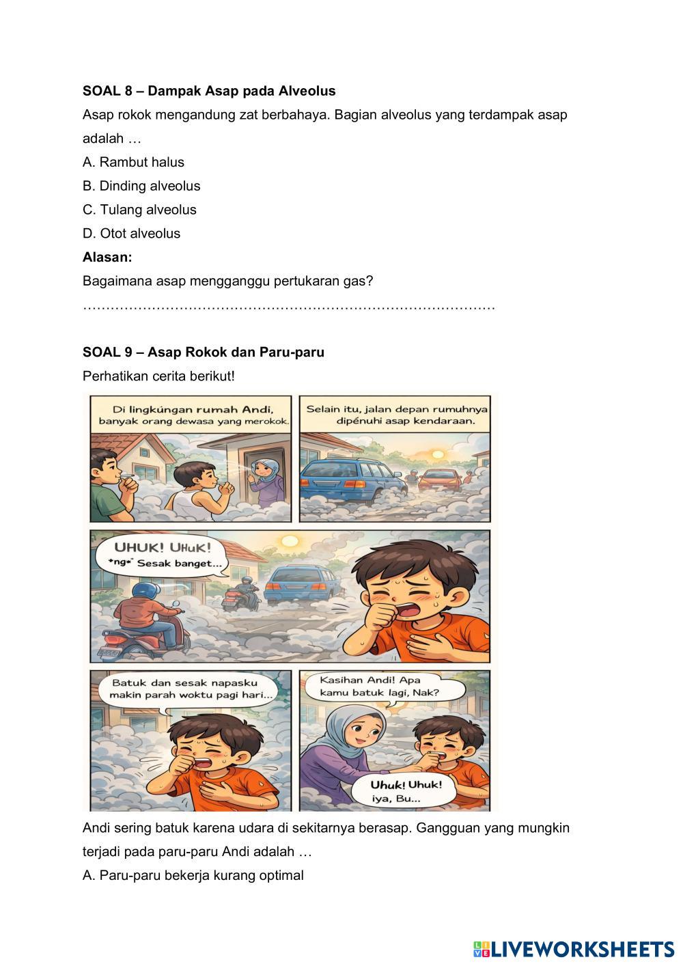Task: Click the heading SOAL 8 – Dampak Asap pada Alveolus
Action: pos(209,91)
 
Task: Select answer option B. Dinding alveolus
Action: pos(141,186)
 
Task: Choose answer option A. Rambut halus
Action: pos(133,162)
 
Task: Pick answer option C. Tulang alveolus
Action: pos(139,210)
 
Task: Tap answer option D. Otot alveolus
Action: pos(131,234)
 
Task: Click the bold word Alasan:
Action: pos(107,257)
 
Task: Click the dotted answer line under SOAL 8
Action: pos(288,307)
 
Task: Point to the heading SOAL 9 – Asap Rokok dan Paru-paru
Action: pos(204,353)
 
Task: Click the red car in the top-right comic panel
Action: pos(438,482)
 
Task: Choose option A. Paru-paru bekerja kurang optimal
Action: pos(193,876)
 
